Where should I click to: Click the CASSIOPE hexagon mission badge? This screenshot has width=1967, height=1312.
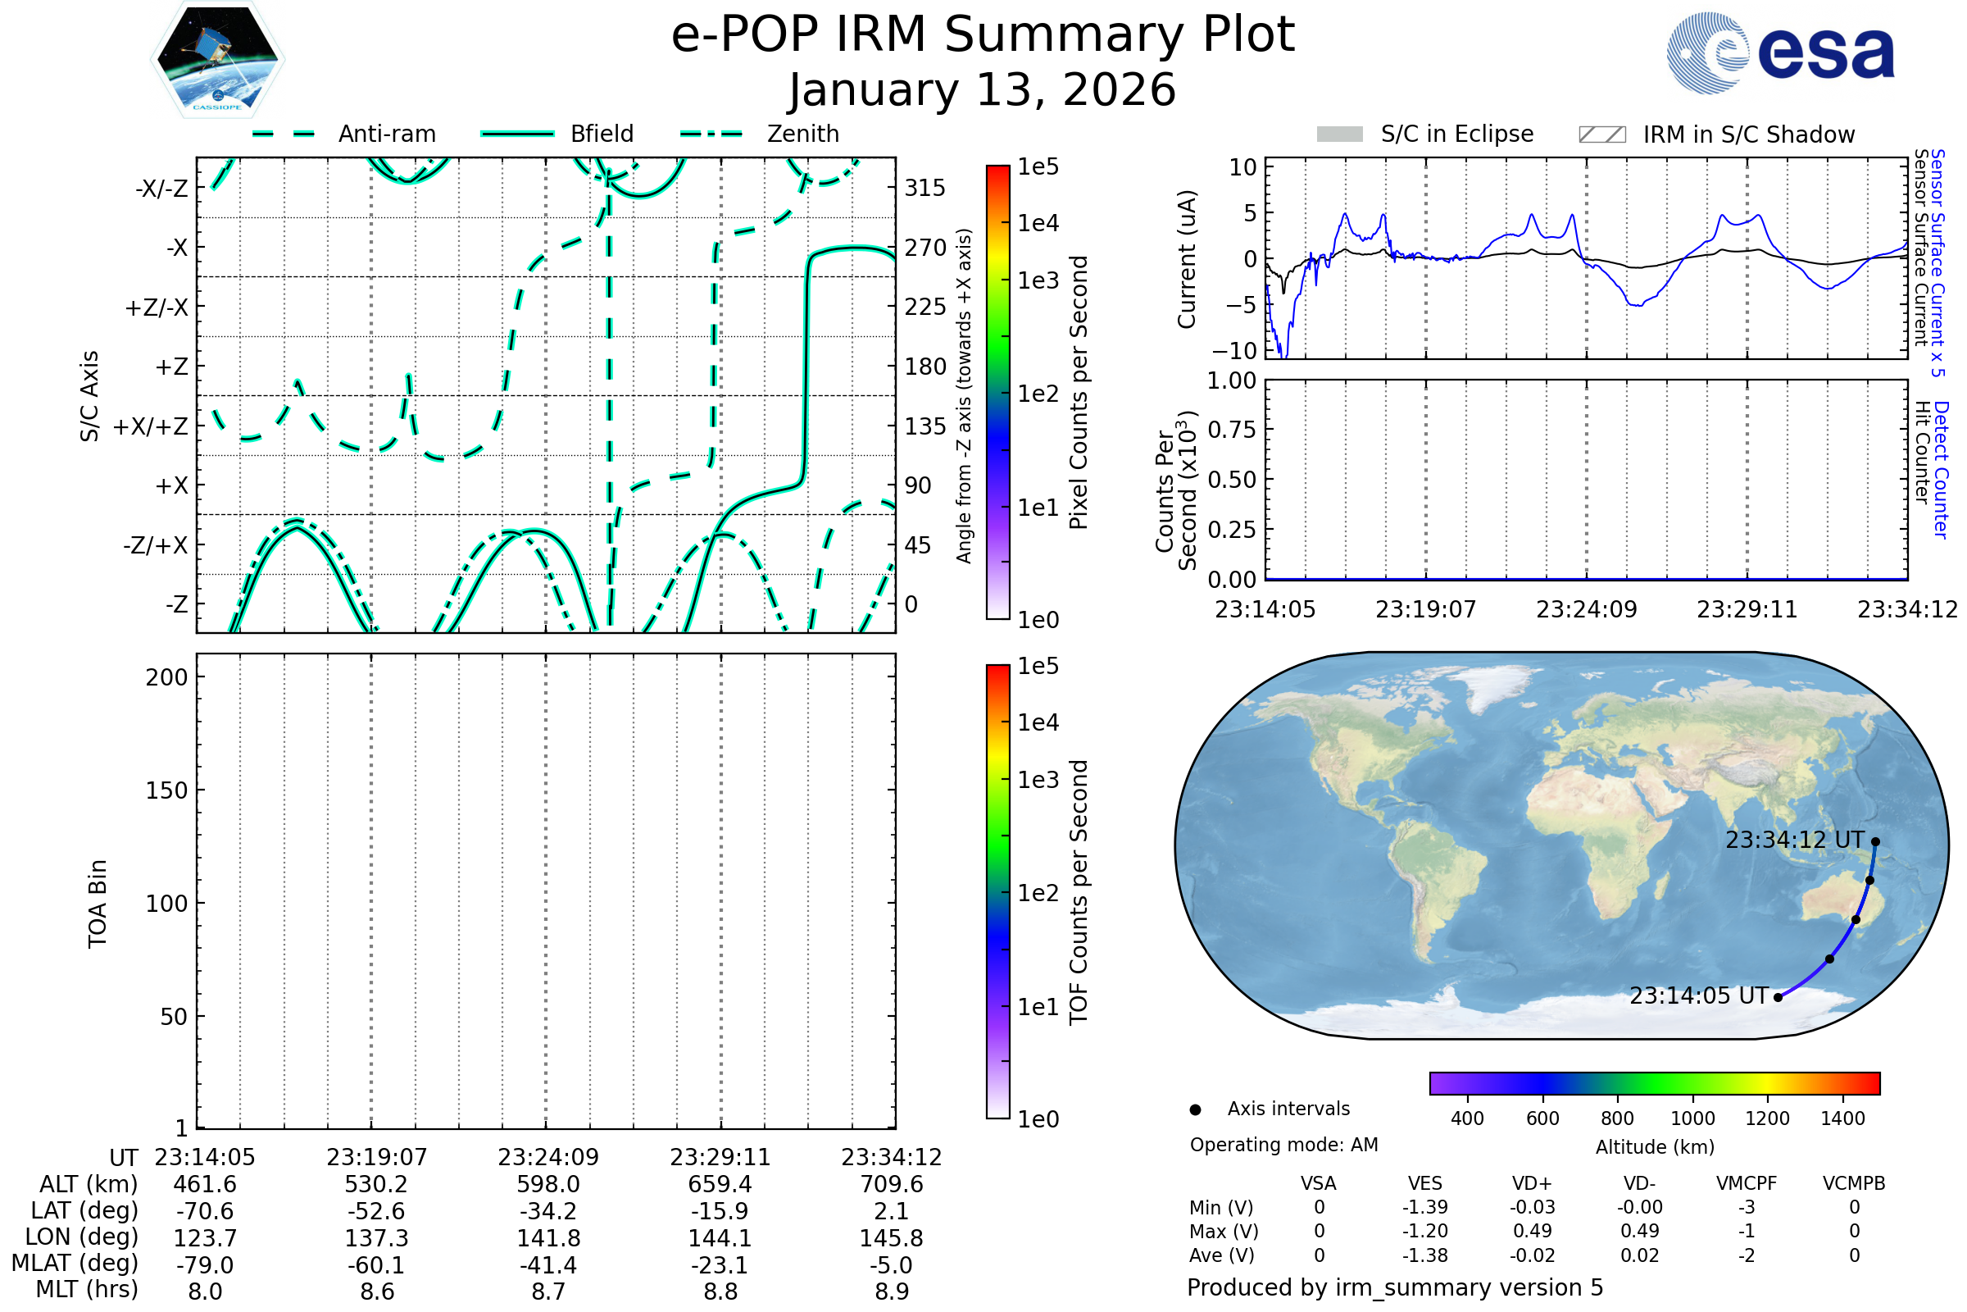coord(217,58)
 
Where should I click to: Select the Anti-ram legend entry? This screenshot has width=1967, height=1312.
coord(343,134)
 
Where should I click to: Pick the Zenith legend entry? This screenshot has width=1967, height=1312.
coord(760,134)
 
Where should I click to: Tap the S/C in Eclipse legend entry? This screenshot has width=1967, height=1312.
coord(1425,134)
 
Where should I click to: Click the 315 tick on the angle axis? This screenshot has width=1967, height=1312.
coord(925,188)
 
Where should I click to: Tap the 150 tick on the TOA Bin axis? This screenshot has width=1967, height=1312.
coord(167,790)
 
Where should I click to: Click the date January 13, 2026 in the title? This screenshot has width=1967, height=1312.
coord(983,89)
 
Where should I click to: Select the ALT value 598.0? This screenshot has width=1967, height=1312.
coord(548,1184)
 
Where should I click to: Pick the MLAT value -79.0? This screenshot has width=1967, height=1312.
coord(205,1264)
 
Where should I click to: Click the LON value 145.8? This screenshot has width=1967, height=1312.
coord(892,1237)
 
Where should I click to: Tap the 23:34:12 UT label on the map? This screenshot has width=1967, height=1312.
coord(1795,839)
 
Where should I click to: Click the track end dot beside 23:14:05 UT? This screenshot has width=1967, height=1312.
coord(1778,996)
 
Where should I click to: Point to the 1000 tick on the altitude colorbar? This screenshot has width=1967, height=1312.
coord(1692,1118)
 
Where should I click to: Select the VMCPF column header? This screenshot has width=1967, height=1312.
coord(1747,1183)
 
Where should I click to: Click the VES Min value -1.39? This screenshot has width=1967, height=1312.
coord(1425,1207)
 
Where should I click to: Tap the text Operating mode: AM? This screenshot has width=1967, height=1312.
coord(1283,1145)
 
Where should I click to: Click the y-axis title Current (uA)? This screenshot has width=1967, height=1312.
coord(1187,258)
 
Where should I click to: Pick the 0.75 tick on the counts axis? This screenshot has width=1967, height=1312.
coord(1232,429)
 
